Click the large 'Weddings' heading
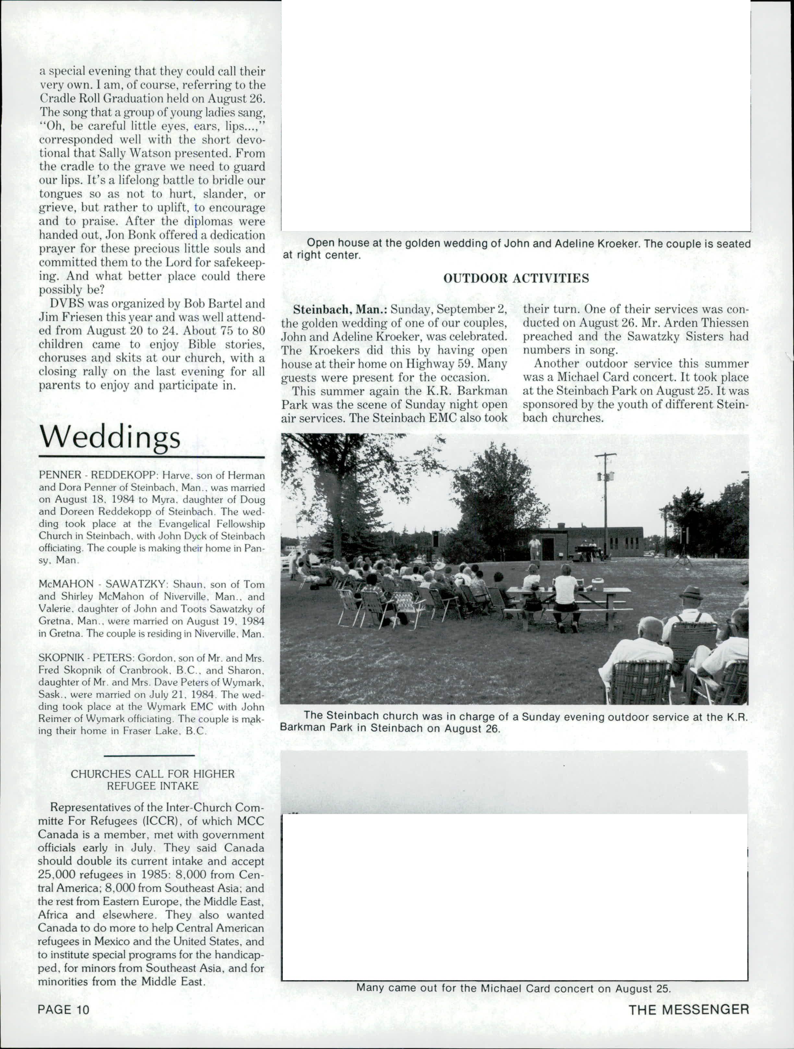(x=110, y=437)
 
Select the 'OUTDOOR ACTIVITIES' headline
(x=516, y=278)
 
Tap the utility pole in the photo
(x=605, y=503)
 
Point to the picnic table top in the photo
(x=569, y=590)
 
